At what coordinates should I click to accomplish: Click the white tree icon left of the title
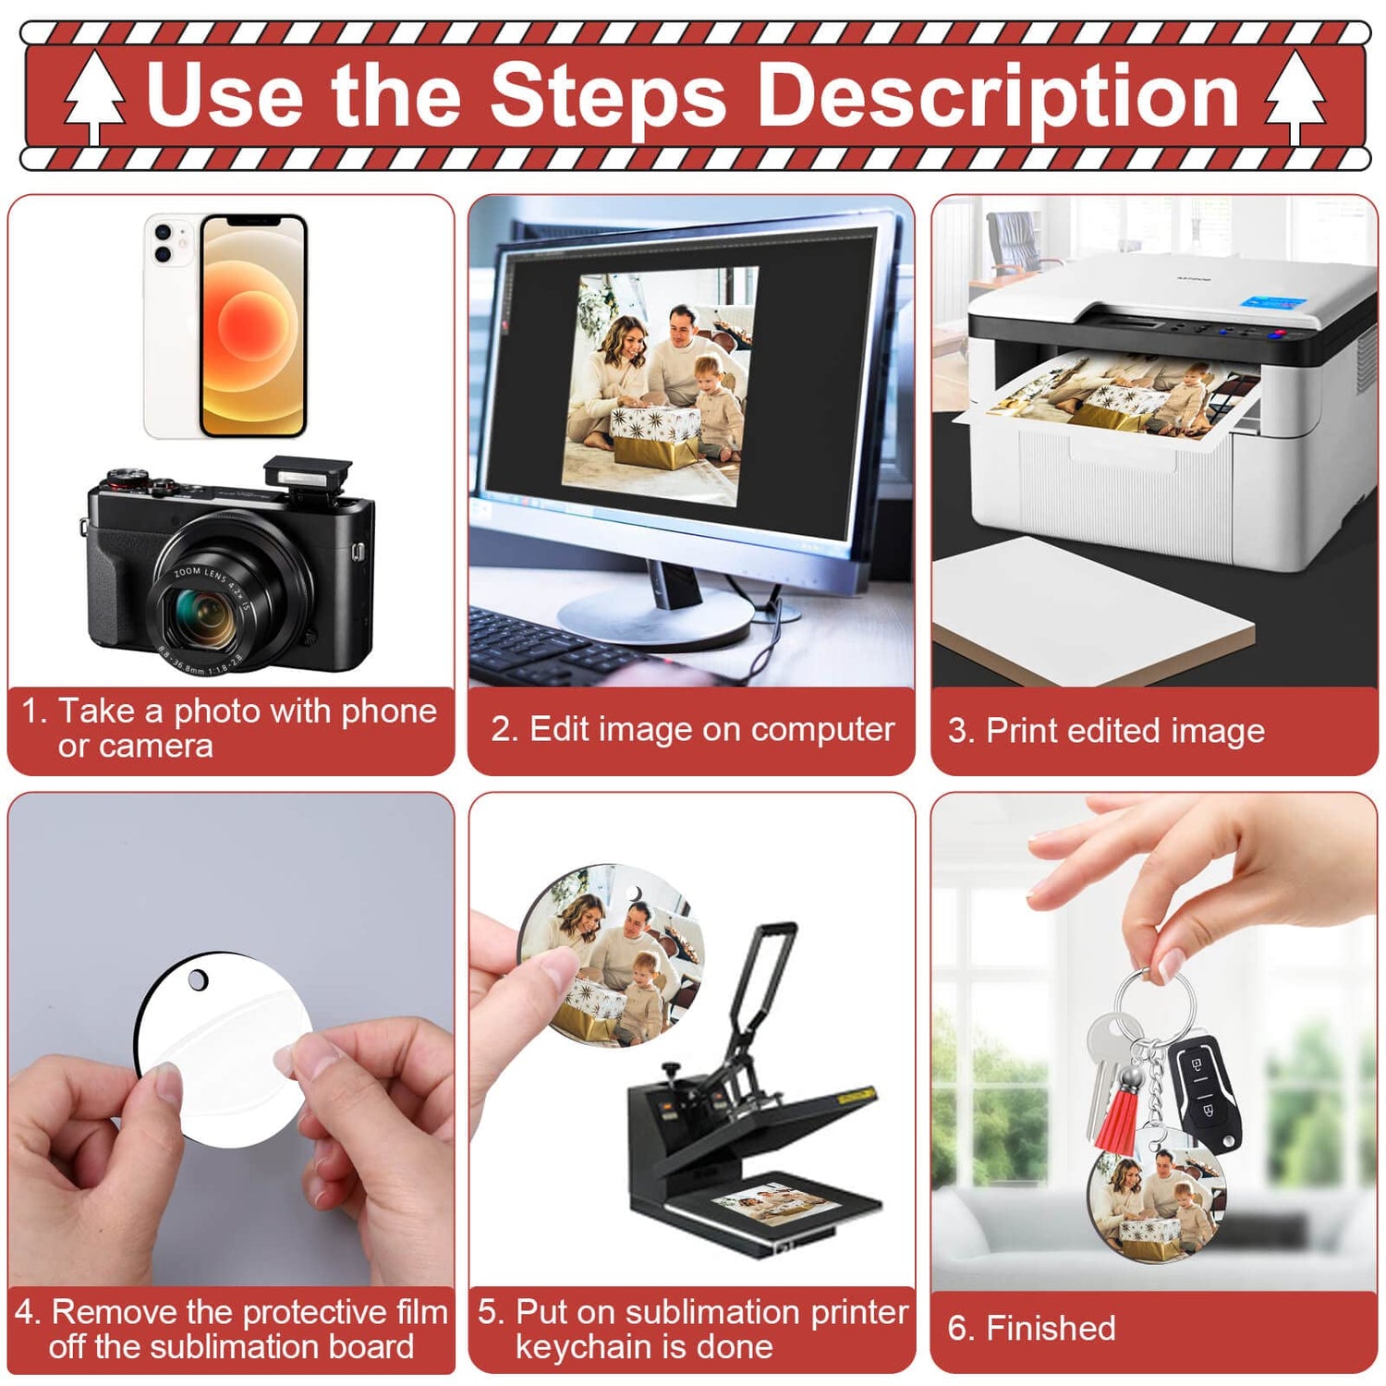94,97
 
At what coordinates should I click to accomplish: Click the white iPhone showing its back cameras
171,325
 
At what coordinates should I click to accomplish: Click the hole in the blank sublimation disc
198,979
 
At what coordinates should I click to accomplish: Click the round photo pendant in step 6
1155,1202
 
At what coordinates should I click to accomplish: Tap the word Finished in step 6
1051,1328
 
